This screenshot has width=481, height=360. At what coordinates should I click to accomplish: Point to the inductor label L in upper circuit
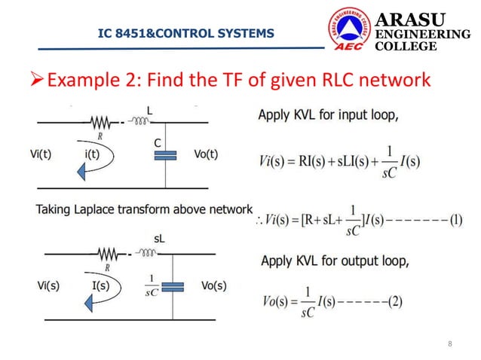pyautogui.click(x=150, y=111)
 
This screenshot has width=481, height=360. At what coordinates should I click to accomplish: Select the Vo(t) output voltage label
pyautogui.click(x=201, y=154)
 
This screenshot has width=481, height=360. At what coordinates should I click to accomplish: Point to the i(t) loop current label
pyautogui.click(x=94, y=154)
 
